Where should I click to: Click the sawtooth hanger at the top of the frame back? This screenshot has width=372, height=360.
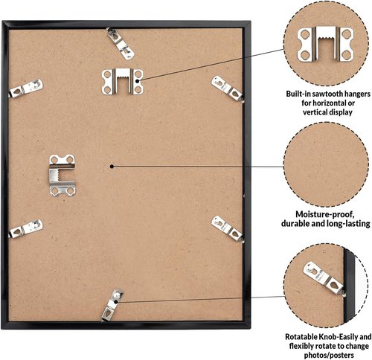123,81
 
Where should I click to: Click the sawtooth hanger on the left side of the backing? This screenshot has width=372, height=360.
62,175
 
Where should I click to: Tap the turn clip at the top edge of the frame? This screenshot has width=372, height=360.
121,44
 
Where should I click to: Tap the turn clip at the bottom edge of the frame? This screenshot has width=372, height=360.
112,305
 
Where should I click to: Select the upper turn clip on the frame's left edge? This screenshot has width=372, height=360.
26,89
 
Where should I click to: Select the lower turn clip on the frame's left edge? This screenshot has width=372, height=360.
26,228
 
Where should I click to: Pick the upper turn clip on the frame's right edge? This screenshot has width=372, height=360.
228,89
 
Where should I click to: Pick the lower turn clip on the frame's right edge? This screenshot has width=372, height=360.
228,229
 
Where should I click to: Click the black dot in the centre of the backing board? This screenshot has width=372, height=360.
112,167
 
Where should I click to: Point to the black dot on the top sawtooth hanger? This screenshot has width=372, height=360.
137,81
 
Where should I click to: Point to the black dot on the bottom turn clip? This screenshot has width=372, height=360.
116,302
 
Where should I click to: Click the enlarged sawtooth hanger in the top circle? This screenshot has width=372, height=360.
325,44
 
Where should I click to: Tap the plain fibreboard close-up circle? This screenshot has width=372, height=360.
326,164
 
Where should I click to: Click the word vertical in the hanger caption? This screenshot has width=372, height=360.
315,112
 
